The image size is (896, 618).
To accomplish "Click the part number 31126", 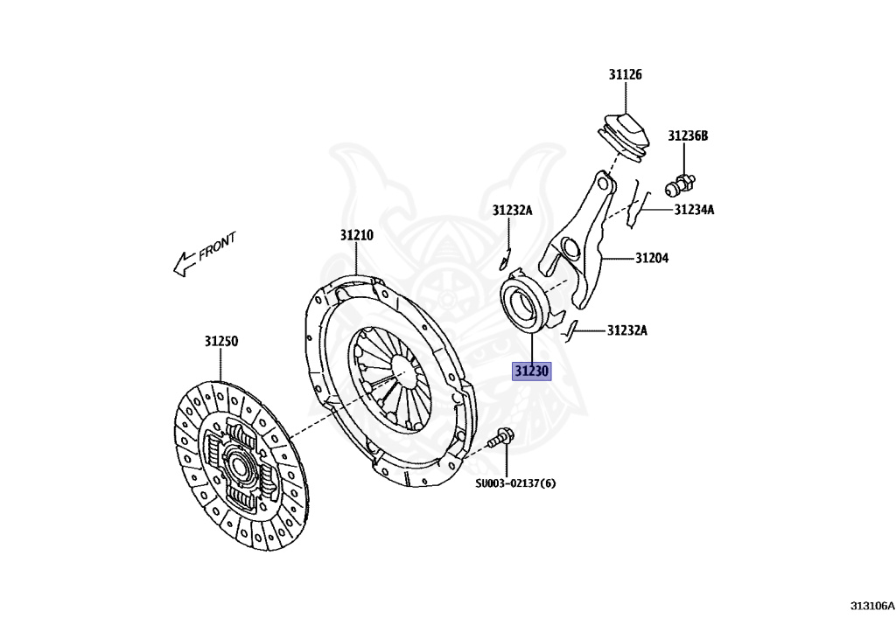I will click(x=626, y=75).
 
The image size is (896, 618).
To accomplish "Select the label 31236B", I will click(x=688, y=135).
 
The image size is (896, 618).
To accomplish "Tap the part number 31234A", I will click(x=694, y=210).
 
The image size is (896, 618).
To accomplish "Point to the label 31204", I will click(x=652, y=258).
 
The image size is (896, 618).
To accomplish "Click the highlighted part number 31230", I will click(x=531, y=371).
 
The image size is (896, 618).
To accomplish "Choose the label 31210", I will click(x=357, y=235).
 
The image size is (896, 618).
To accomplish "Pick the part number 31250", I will click(x=221, y=341).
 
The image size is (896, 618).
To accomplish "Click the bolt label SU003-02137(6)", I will click(x=515, y=483).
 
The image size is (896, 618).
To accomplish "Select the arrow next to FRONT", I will click(x=184, y=262).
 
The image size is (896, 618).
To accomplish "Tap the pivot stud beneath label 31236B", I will click(x=680, y=184).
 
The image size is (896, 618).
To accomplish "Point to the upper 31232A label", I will click(x=512, y=210).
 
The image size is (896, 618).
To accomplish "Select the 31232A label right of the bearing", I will click(x=627, y=330).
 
